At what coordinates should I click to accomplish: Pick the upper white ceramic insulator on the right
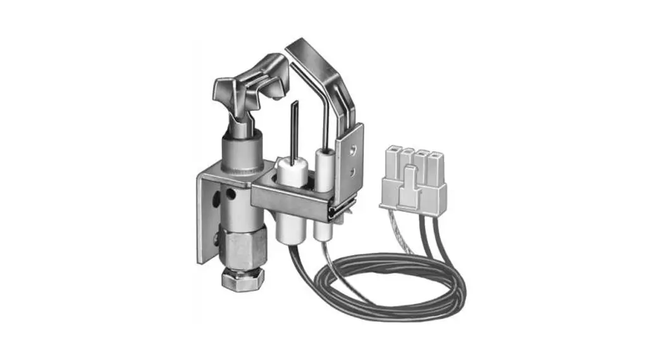[x=324, y=166]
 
